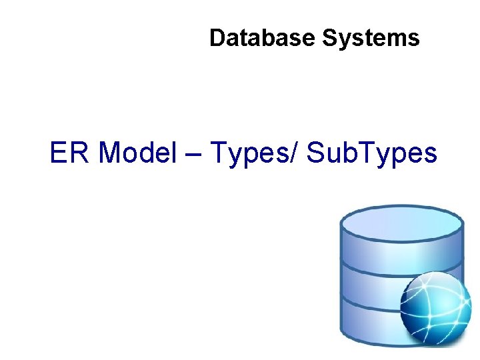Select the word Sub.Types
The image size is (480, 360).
coord(372,153)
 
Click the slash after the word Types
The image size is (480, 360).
coord(295,153)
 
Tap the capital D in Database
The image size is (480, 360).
coord(217,38)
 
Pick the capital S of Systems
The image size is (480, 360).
coord(329,38)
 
